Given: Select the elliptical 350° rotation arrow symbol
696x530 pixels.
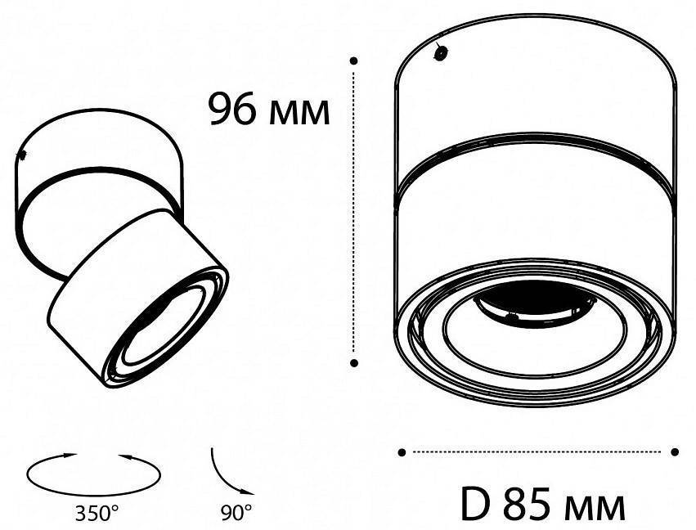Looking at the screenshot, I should [x=94, y=472].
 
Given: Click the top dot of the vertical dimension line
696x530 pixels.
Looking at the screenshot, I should [x=353, y=61].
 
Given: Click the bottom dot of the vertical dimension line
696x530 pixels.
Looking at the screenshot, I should [x=353, y=361].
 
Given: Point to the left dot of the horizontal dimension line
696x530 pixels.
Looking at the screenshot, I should [x=402, y=451].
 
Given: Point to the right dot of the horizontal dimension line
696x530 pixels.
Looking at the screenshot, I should [x=675, y=451].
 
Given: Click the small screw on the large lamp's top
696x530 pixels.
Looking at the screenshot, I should [x=440, y=53].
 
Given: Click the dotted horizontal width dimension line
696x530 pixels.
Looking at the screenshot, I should [x=538, y=451].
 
